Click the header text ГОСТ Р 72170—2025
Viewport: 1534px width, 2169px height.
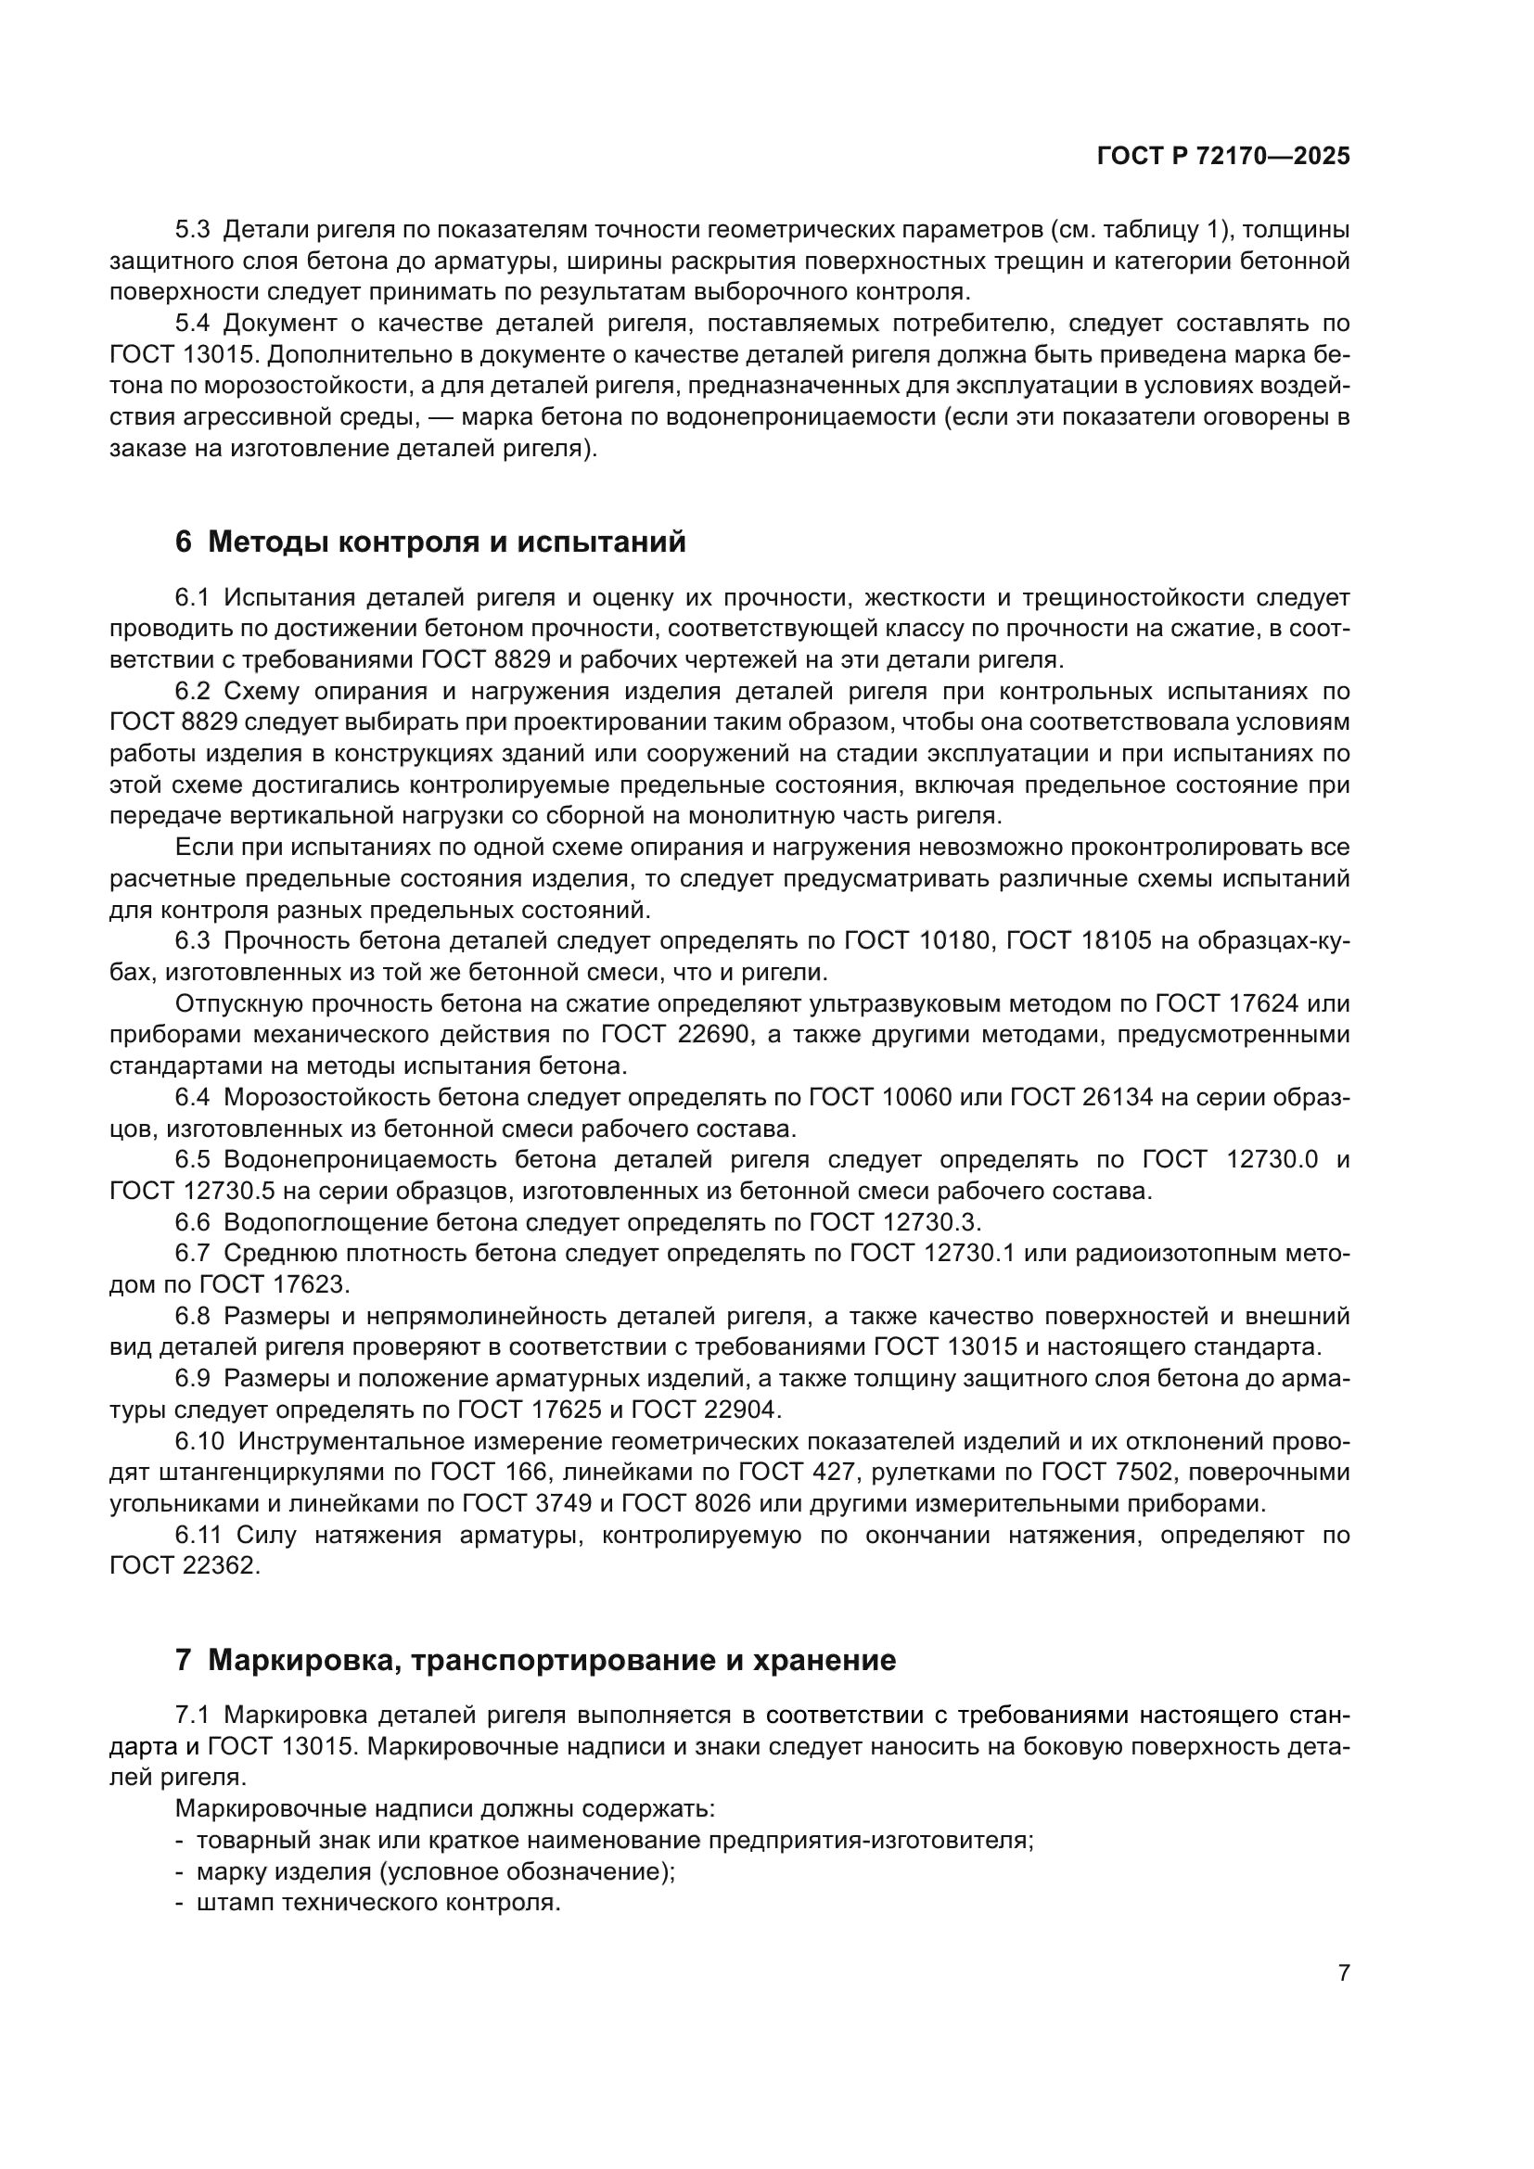click(x=1223, y=157)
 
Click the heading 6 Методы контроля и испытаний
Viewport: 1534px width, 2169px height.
click(x=430, y=542)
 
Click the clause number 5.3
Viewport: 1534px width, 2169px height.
click(x=195, y=231)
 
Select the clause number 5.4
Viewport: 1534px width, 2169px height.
click(x=195, y=324)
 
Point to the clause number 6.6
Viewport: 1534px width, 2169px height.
click(x=194, y=1222)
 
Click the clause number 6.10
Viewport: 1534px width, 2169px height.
click(x=200, y=1442)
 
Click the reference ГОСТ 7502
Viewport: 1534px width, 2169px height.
click(x=1112, y=1473)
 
